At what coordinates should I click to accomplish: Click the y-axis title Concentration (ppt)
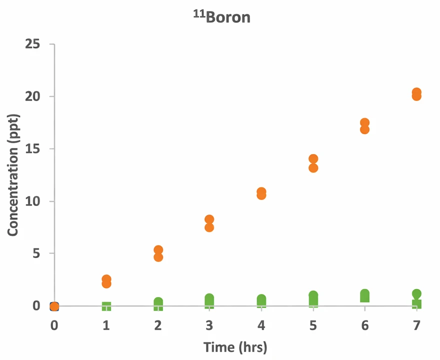point(13,175)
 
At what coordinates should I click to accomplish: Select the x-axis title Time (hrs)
point(235,346)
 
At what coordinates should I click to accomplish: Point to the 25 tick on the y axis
point(33,44)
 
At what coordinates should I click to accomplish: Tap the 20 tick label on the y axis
point(33,96)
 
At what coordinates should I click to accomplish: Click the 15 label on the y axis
point(33,149)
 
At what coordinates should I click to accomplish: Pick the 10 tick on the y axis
point(33,201)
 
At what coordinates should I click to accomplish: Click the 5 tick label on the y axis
point(36,253)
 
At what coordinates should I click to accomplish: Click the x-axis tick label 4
point(261,325)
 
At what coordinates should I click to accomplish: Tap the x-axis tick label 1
point(106,325)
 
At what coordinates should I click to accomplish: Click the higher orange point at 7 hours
point(416,92)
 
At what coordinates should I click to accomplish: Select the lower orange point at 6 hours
point(364,129)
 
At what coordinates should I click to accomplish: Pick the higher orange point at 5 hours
point(313,159)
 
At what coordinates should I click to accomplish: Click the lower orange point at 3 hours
point(209,227)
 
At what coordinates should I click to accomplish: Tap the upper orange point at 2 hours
point(158,250)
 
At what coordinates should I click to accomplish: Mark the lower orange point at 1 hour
point(106,284)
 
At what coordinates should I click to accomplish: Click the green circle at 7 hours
point(416,294)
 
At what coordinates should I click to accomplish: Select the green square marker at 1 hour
point(106,306)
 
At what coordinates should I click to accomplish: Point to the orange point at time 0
point(54,306)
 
